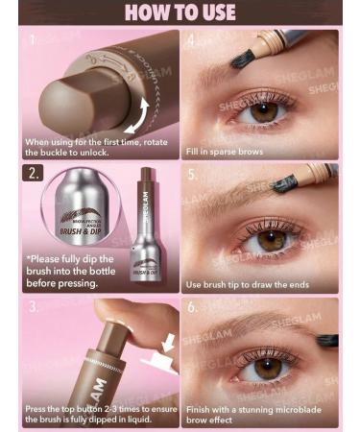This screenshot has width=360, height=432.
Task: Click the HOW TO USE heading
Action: coord(180,12)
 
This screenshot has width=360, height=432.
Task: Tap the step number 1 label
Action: coord(33,41)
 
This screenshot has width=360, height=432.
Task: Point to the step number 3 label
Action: coord(34,307)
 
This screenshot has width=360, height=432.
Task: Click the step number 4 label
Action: coord(192,41)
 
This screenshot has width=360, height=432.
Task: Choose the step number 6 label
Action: coord(192,308)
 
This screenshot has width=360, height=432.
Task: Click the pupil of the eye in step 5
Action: coord(272,240)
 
